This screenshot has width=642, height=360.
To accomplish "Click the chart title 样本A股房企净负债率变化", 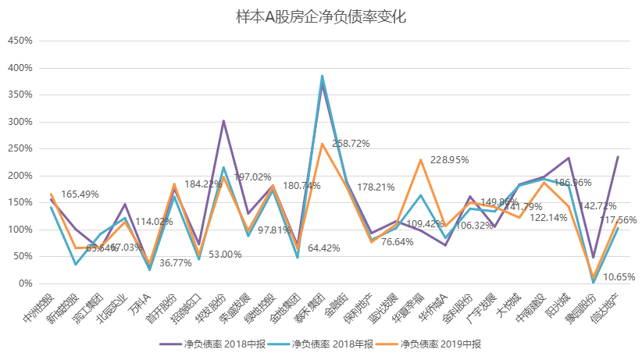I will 321,16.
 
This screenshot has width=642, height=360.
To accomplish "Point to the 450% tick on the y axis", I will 20,41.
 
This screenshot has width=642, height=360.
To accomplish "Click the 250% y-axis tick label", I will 20,149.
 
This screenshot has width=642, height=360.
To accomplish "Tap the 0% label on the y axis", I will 25,283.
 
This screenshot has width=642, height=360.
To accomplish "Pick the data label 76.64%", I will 396,242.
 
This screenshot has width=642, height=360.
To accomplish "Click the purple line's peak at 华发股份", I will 223,121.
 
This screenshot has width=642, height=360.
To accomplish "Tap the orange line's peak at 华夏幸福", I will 421,160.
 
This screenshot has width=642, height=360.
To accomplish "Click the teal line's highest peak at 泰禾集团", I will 322,76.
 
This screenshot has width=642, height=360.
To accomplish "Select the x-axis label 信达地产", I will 606,308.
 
